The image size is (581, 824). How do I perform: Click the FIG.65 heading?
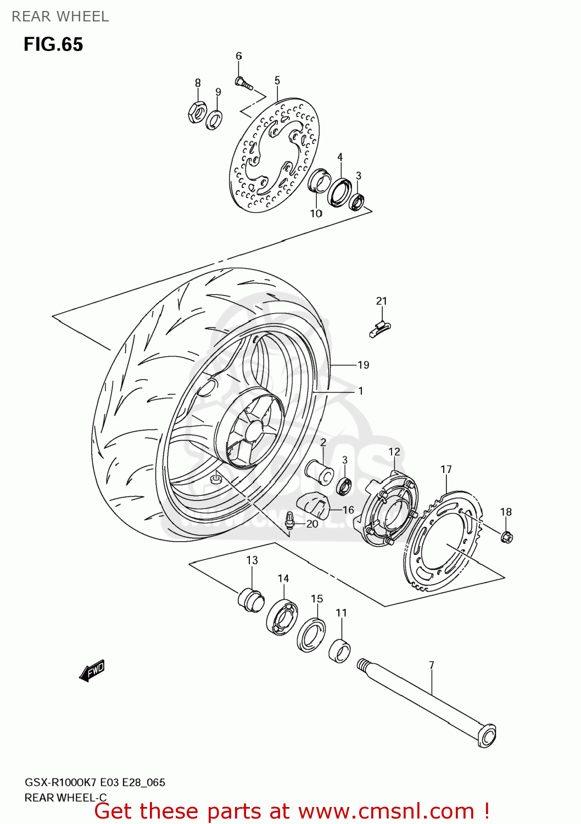[x=53, y=44]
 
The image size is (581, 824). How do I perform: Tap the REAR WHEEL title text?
[x=60, y=16]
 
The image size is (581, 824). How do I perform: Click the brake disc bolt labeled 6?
[x=243, y=83]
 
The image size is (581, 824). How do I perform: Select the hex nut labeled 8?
[x=197, y=112]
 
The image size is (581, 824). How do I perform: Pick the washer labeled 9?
[x=214, y=119]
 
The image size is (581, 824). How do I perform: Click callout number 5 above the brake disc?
[x=277, y=81]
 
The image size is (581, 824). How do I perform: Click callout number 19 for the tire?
[x=363, y=365]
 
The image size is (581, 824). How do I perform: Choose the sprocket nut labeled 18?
[x=506, y=536]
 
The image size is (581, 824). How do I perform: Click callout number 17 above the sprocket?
[x=446, y=469]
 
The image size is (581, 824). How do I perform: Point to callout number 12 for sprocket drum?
[x=394, y=452]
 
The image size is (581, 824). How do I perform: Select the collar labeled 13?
[x=250, y=599]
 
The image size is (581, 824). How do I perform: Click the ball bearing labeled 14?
[x=282, y=619]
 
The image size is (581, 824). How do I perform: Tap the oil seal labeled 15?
[x=311, y=635]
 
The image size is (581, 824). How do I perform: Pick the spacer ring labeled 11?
[x=340, y=651]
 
